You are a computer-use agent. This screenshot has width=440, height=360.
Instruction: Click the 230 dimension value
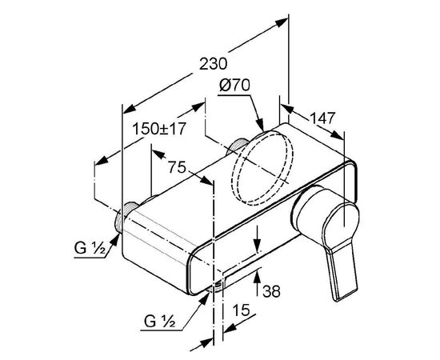point(213,64)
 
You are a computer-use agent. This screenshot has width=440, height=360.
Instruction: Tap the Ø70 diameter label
point(234,85)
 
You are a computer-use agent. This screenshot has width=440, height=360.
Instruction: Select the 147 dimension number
point(322,118)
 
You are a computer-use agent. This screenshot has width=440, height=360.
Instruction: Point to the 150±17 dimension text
point(159,129)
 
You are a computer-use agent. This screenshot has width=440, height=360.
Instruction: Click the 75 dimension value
point(177,167)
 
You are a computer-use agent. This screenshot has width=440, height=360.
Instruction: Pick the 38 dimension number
point(271,291)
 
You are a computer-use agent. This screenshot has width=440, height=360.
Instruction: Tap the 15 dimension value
point(241,310)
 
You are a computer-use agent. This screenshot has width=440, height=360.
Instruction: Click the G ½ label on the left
point(90,248)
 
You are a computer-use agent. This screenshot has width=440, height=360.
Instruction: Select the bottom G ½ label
point(160,321)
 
